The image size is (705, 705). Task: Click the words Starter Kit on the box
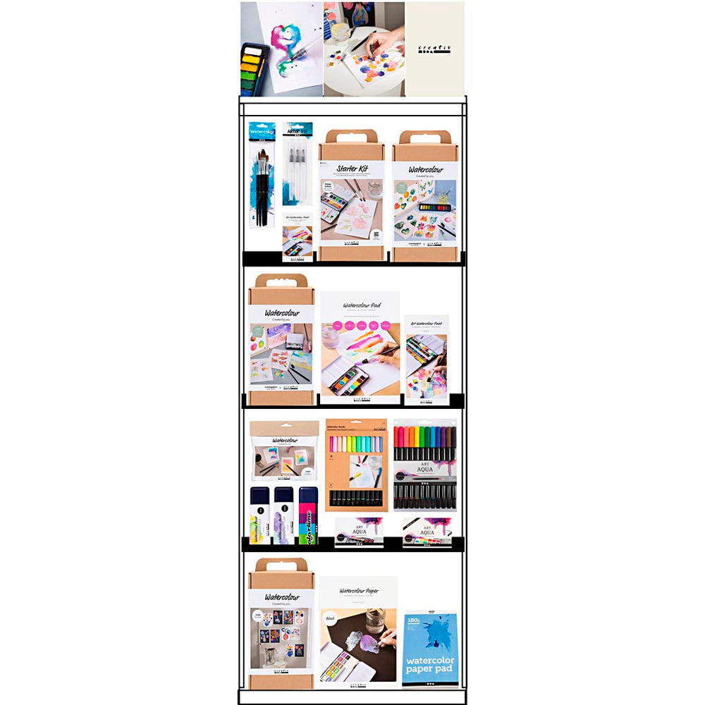tap(352, 169)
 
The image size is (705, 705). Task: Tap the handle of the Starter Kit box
tap(351, 136)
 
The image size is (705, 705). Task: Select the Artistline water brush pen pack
tap(297, 166)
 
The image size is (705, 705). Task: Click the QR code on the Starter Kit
tap(376, 235)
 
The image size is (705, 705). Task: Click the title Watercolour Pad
tap(361, 305)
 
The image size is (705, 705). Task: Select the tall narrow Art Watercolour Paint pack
tap(427, 360)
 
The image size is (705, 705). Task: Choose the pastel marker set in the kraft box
tap(355, 465)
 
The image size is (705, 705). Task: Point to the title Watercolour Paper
tap(358, 590)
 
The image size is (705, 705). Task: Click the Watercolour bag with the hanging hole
tap(284, 451)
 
